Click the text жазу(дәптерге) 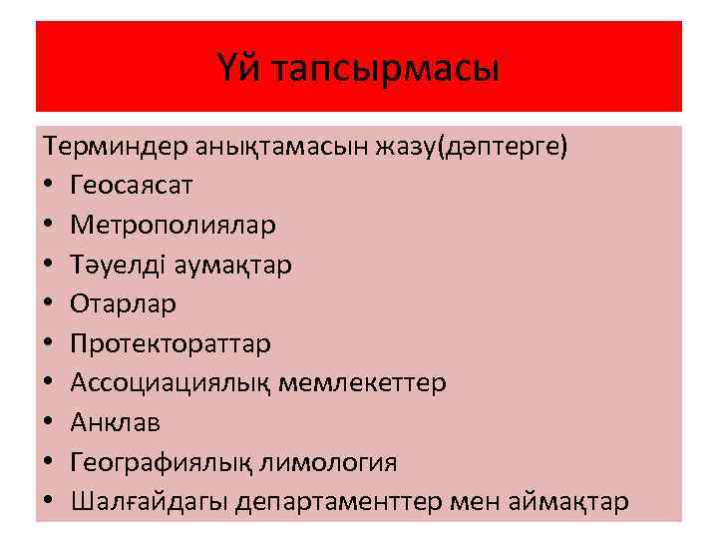[470, 147]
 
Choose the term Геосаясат [133, 185]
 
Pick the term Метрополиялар [173, 225]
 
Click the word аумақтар [232, 264]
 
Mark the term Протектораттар [171, 343]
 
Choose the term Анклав [116, 422]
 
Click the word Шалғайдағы [151, 501]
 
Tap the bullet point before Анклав [50, 423]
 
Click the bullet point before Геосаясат [50, 186]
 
